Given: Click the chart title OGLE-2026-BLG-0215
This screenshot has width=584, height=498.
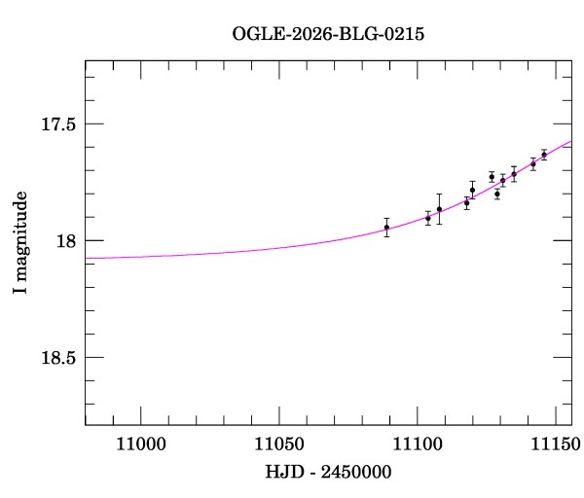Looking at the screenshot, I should click(x=328, y=33).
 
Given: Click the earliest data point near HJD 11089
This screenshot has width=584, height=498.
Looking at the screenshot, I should click(x=386, y=228).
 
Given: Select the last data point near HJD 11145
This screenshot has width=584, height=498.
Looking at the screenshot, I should click(x=543, y=154).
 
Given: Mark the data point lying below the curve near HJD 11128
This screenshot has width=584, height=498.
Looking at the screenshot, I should click(x=496, y=194).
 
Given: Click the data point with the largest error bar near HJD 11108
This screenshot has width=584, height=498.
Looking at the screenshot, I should click(x=439, y=209).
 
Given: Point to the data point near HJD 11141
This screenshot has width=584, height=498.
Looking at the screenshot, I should click(x=532, y=163).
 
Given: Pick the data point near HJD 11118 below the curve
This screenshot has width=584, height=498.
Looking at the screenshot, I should click(x=466, y=203).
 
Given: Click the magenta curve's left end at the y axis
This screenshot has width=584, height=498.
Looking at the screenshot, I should click(x=87, y=258).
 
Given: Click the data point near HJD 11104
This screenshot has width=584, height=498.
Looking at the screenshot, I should click(x=427, y=218).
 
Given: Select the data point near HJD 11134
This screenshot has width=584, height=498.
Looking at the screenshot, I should click(x=513, y=174).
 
